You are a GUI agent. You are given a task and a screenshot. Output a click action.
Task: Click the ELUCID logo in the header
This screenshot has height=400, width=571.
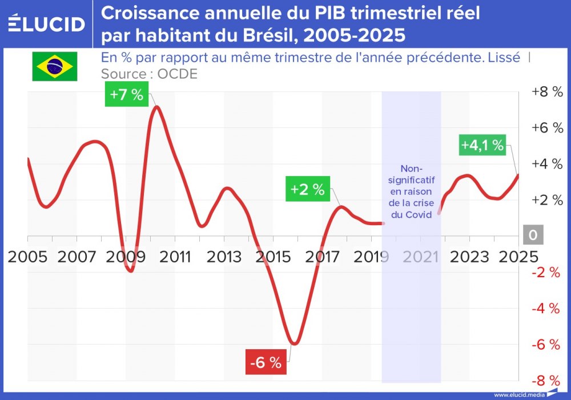click(47, 24)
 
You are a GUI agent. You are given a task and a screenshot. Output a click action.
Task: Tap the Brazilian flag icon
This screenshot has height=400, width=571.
click(54, 66)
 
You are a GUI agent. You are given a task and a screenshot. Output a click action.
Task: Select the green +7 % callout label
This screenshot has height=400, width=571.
click(126, 94)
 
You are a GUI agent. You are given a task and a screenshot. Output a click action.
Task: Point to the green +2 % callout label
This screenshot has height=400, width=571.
click(308, 189)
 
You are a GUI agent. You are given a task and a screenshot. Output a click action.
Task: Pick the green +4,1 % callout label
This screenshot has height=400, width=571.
click(482, 145)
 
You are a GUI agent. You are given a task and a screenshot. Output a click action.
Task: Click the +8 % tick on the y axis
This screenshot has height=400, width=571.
click(546, 91)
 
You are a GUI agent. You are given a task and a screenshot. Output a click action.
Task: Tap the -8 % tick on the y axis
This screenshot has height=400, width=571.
click(546, 381)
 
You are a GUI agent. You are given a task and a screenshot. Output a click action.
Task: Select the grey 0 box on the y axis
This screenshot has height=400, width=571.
click(533, 235)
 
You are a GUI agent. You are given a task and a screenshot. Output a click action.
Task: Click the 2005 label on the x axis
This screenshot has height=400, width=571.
click(27, 257)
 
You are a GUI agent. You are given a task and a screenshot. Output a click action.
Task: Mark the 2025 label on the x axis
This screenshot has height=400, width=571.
click(517, 257)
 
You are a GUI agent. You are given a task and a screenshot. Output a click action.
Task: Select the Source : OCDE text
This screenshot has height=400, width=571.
click(149, 74)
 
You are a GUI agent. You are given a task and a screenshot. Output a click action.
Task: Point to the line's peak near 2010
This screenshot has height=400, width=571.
click(156, 107)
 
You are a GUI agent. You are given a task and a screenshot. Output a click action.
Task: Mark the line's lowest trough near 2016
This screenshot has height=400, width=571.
click(294, 344)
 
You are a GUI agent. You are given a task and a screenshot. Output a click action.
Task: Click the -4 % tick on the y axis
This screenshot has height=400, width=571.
click(546, 309)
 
